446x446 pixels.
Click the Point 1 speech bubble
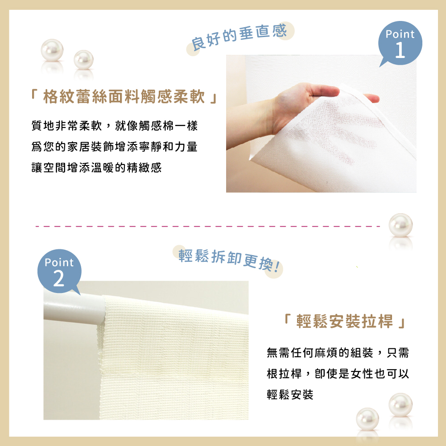400,43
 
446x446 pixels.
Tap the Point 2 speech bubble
59,271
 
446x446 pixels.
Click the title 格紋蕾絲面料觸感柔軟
124,96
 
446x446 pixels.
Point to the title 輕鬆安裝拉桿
345,321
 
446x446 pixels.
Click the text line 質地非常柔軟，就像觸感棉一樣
115,126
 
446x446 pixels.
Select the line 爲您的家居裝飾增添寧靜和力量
114,147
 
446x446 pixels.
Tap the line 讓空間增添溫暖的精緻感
96,168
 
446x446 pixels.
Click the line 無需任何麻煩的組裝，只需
338,353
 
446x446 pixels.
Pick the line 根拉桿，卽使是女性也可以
338,374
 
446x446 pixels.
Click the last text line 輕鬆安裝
290,395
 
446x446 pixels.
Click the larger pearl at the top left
52,50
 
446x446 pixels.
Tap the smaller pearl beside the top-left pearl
84,60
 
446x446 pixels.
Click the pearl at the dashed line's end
401,225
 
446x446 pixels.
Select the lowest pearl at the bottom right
368,419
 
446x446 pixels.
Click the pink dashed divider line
208,227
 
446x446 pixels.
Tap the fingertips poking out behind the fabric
371,98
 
